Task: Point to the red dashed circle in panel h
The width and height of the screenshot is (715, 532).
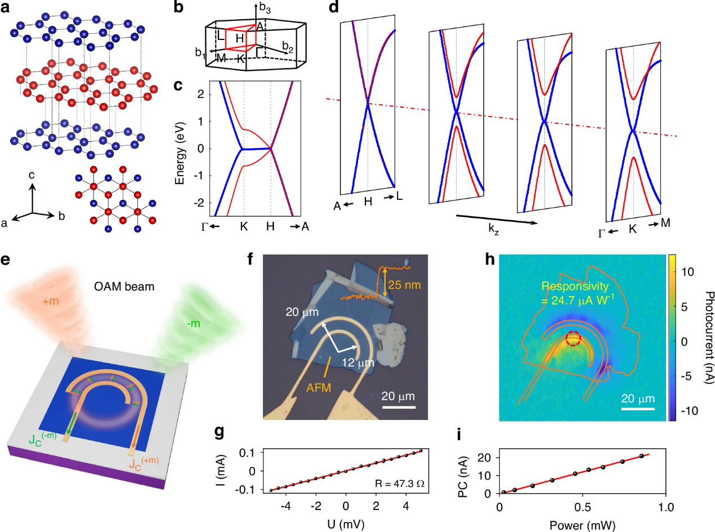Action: point(573,339)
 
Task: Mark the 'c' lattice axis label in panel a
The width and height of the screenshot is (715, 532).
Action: point(32,176)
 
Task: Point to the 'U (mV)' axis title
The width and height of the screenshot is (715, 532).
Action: point(346,523)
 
